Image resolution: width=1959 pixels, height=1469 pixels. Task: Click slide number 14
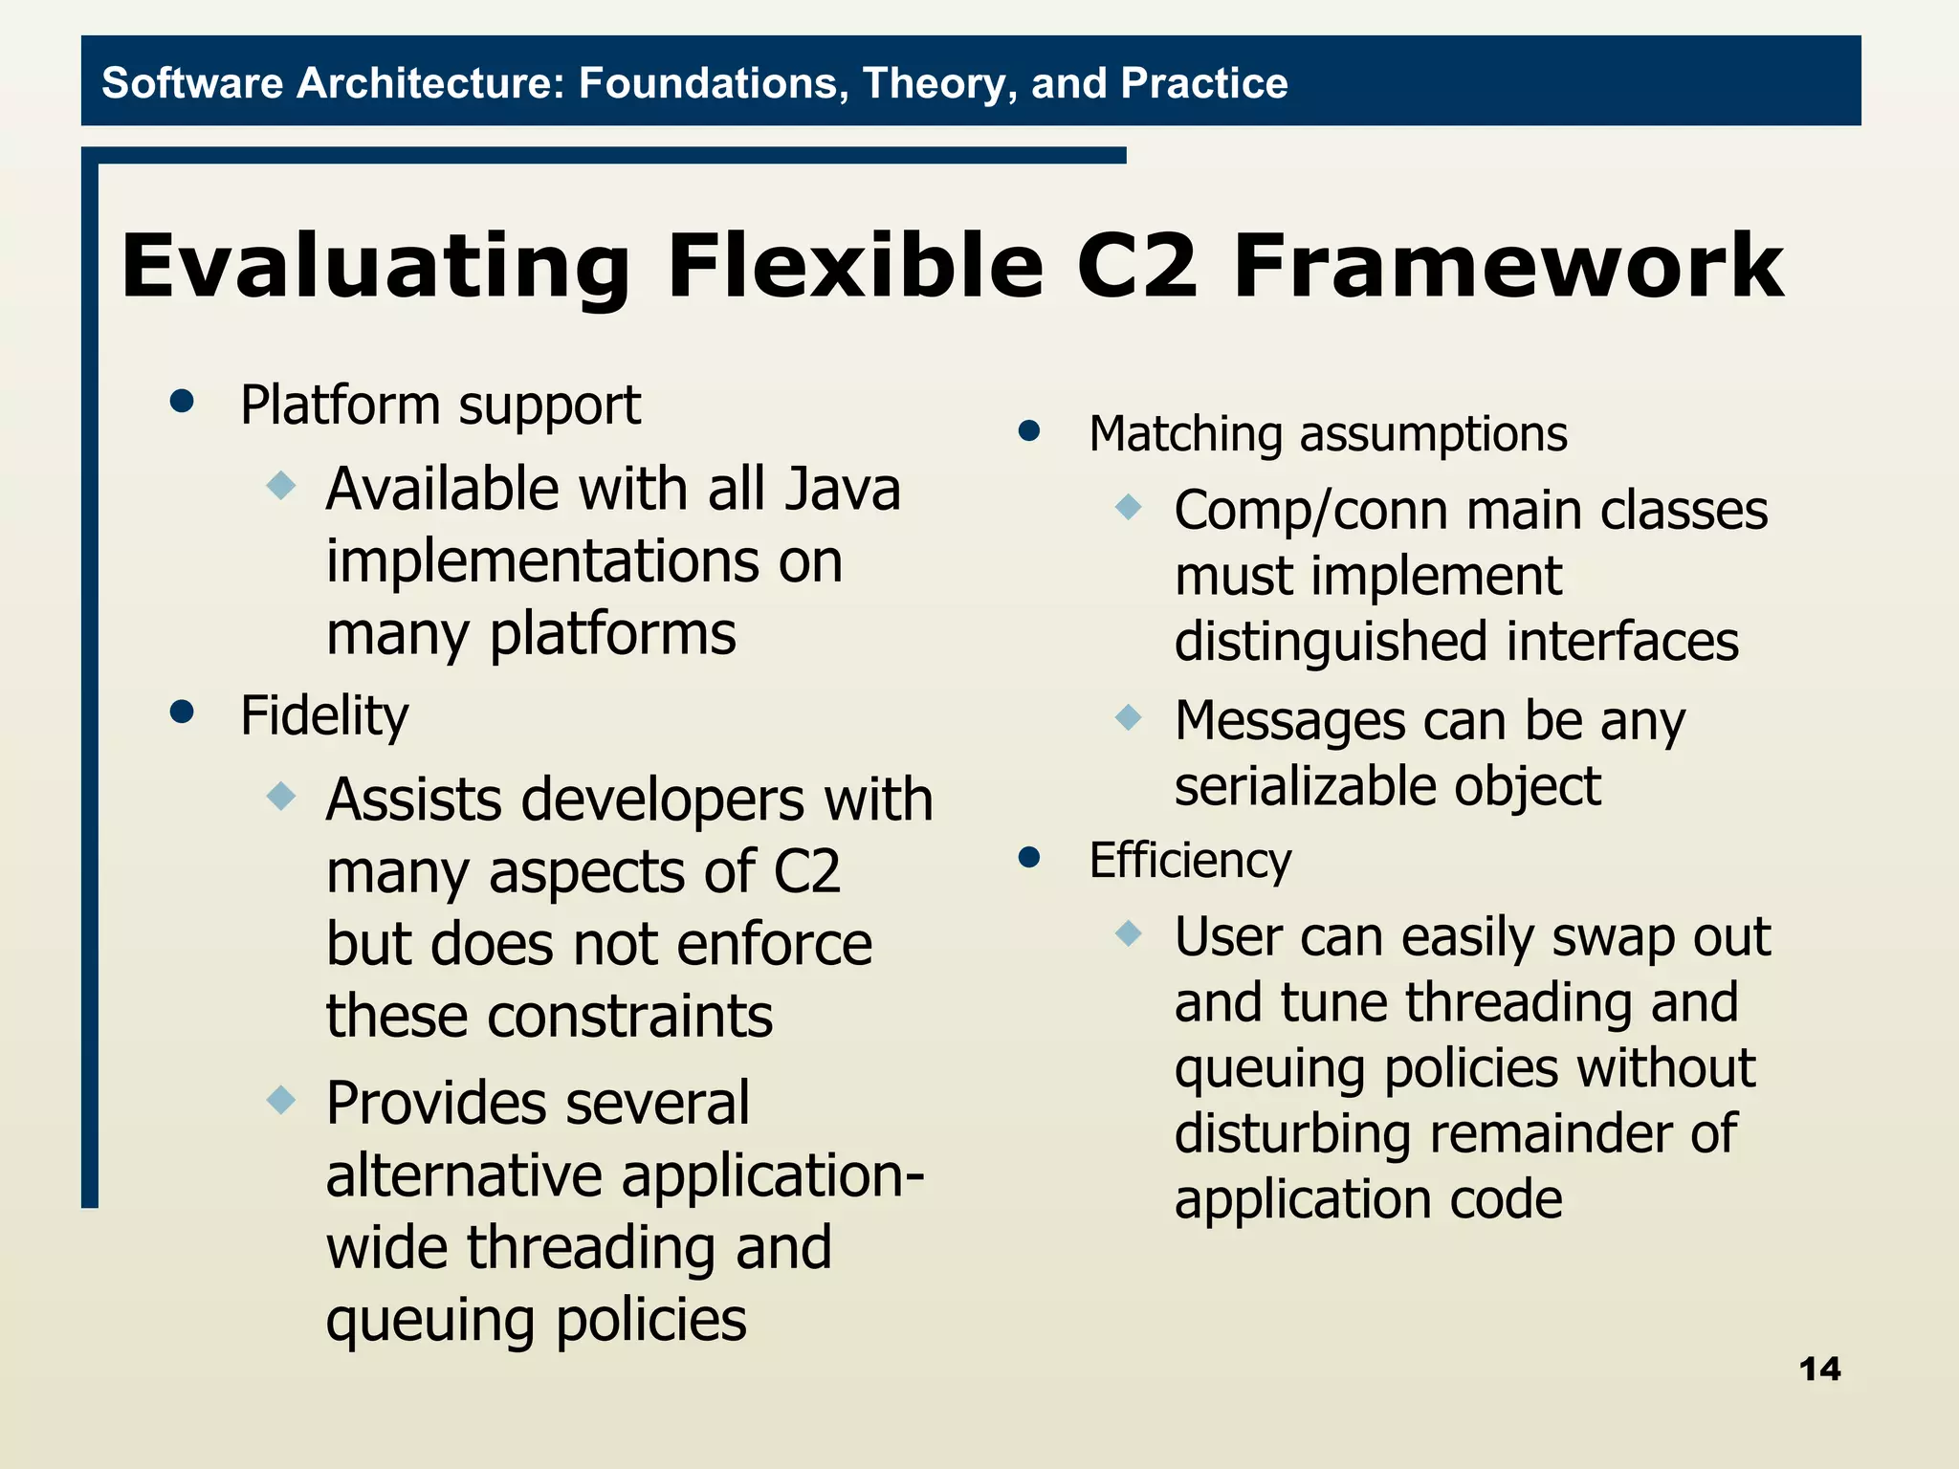tap(1819, 1369)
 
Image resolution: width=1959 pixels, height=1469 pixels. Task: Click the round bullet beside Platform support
tap(182, 401)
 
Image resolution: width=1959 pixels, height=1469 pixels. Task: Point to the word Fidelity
tap(324, 715)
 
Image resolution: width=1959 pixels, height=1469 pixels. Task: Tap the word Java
tap(842, 490)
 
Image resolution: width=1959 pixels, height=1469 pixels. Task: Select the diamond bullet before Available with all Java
tap(281, 484)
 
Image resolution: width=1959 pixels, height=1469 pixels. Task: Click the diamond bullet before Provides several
tap(281, 1099)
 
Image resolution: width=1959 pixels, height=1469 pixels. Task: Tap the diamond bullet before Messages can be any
tap(1129, 716)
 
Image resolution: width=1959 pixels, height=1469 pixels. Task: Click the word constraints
tap(549, 1016)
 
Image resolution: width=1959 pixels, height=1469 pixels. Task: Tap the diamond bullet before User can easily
tap(1129, 932)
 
